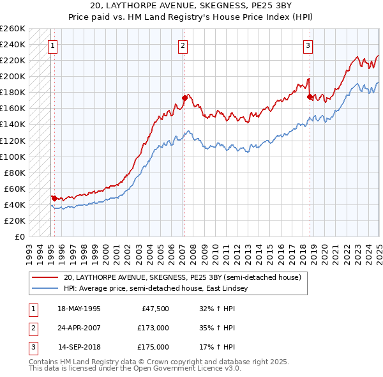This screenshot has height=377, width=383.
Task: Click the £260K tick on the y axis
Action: click(13, 29)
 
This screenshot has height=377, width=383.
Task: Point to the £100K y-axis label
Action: click(13, 157)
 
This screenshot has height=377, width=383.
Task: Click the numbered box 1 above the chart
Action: click(52, 45)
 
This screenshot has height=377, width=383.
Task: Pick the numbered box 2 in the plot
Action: click(183, 45)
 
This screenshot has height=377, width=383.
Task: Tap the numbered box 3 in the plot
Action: click(308, 45)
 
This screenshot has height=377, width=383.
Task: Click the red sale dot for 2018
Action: click(310, 96)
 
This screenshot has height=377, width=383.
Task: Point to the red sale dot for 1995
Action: click(54, 198)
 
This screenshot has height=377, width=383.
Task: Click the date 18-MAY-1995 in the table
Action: click(79, 309)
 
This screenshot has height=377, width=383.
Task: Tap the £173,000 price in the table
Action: click(153, 328)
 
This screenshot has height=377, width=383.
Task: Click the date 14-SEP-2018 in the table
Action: click(79, 348)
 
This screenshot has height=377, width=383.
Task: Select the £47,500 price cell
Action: click(155, 309)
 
